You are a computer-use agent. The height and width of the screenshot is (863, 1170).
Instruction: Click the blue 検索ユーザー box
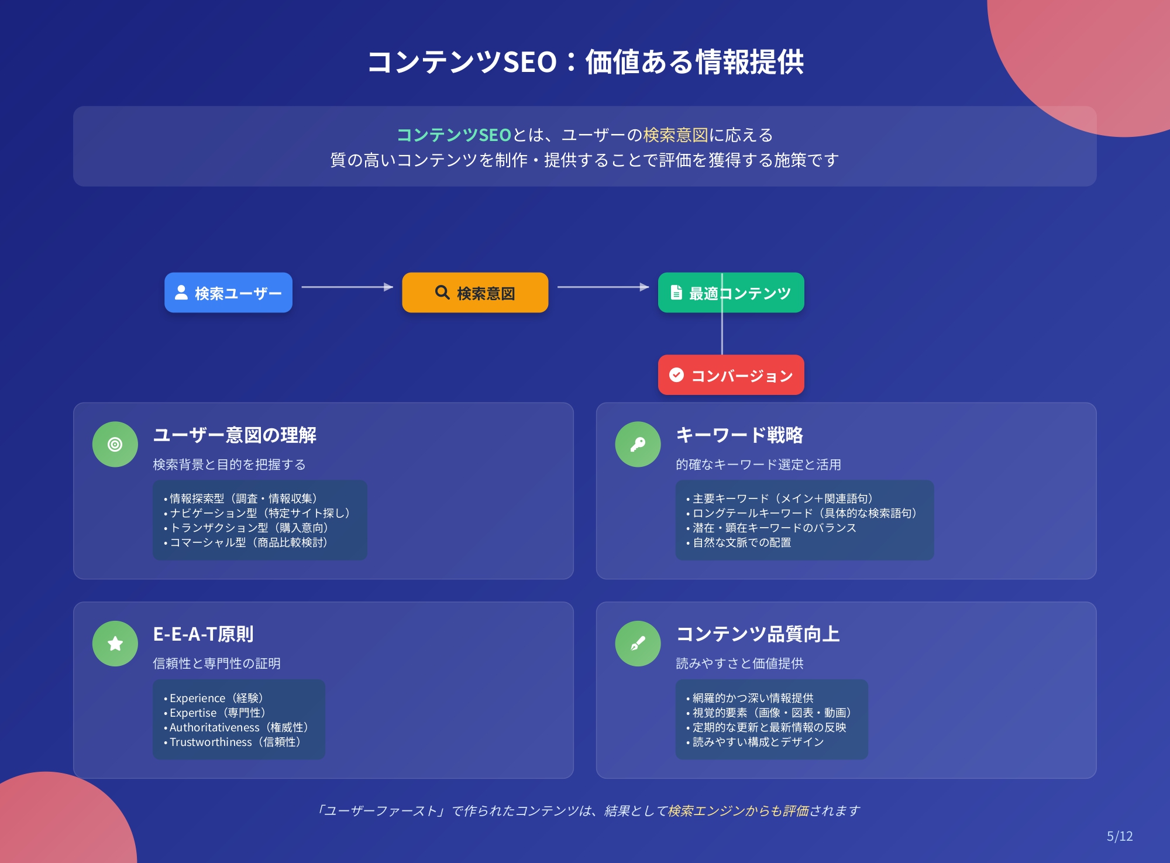pyautogui.click(x=228, y=293)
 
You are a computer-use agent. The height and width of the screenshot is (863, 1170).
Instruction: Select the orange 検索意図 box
pyautogui.click(x=475, y=293)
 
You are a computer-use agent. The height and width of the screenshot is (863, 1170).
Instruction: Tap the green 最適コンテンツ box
pyautogui.click(x=731, y=293)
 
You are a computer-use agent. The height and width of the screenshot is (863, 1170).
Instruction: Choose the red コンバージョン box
pyautogui.click(x=731, y=375)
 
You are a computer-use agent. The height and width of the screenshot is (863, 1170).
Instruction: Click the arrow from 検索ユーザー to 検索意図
pyautogui.click(x=347, y=287)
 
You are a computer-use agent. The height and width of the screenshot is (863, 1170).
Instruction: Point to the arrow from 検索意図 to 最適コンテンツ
pyautogui.click(x=603, y=287)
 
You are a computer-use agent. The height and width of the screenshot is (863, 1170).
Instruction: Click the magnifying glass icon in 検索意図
pyautogui.click(x=442, y=292)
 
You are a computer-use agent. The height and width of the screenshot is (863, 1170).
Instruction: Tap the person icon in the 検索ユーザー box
pyautogui.click(x=181, y=292)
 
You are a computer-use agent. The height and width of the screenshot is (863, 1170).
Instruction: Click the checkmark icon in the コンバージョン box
pyautogui.click(x=676, y=374)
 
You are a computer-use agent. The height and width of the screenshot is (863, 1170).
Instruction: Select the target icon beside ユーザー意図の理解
pyautogui.click(x=115, y=445)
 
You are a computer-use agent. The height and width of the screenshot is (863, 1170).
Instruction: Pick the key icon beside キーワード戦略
pyautogui.click(x=638, y=445)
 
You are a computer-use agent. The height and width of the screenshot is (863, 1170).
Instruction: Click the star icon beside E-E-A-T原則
pyautogui.click(x=115, y=644)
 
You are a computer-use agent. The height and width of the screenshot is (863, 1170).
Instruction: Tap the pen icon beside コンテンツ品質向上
pyautogui.click(x=638, y=644)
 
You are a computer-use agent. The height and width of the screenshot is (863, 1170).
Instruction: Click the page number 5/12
pyautogui.click(x=1120, y=836)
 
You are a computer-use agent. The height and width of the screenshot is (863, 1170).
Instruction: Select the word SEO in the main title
pyautogui.click(x=529, y=62)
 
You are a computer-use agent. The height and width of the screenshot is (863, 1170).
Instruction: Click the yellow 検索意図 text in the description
pyautogui.click(x=676, y=135)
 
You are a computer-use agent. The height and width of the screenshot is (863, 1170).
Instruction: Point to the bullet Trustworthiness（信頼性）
pyautogui.click(x=234, y=742)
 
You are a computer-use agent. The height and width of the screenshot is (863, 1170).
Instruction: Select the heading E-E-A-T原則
pyautogui.click(x=203, y=634)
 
